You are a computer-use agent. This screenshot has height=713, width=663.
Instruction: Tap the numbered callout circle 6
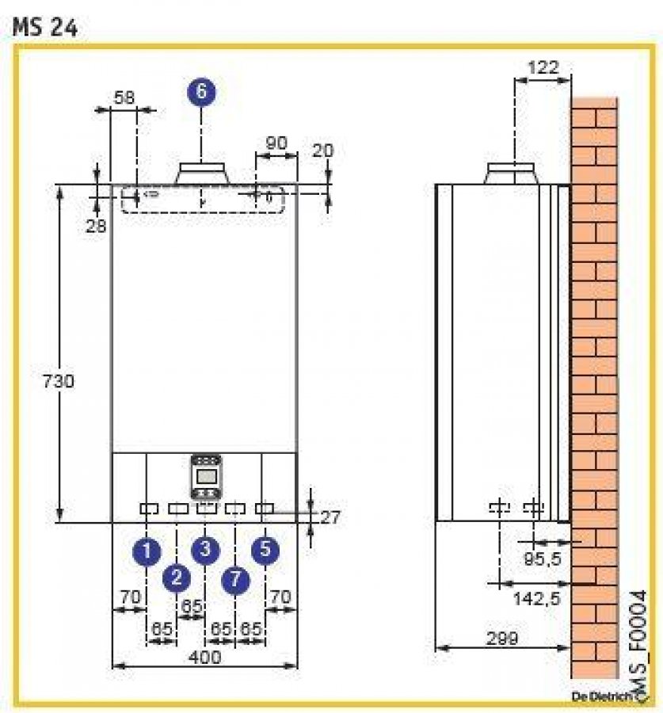pos(201,91)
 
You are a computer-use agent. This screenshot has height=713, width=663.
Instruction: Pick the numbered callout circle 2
pos(177,578)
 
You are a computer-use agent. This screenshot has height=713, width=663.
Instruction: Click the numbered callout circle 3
pos(206,548)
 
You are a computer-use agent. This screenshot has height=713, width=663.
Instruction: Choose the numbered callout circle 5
pos(265,549)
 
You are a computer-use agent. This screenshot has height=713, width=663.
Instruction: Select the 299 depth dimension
pos(502,636)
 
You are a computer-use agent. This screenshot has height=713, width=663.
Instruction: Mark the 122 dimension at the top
pos(543,67)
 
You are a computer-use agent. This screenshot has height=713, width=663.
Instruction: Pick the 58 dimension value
pos(124,97)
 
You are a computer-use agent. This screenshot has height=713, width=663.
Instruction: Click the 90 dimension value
pos(275,143)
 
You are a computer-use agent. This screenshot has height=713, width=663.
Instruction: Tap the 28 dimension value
pos(97,226)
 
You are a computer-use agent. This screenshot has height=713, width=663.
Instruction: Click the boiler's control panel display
pos(207,475)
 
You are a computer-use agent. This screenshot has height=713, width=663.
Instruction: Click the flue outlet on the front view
pos(203,173)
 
